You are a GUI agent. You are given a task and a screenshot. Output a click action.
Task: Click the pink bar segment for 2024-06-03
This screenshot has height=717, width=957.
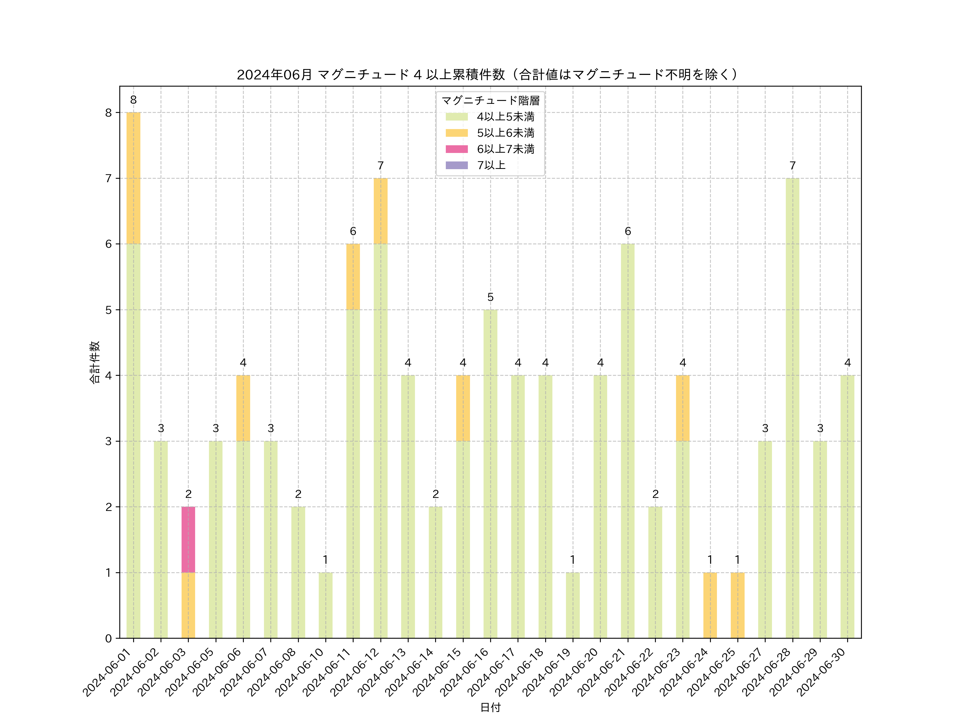click(188, 539)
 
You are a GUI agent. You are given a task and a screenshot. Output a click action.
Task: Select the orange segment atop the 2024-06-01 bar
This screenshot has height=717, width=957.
click(133, 178)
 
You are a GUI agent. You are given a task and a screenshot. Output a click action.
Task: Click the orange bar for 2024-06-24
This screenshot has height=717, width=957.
click(710, 605)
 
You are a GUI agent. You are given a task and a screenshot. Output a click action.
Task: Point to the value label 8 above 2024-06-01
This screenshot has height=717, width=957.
click(133, 100)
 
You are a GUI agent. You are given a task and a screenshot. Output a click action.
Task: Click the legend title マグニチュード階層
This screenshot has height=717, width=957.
click(490, 101)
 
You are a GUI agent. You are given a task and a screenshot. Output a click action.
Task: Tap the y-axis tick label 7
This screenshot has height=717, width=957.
click(108, 178)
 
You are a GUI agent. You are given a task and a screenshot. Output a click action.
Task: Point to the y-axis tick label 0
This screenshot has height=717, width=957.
click(108, 638)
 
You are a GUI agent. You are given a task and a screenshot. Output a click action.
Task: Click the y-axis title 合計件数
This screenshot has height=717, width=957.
click(95, 362)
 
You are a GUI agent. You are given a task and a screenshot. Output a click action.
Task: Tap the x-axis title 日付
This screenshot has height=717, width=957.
click(490, 707)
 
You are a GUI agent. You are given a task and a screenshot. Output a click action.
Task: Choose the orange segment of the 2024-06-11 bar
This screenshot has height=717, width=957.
click(353, 277)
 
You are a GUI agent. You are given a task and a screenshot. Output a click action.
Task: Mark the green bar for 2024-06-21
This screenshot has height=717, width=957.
click(627, 441)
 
